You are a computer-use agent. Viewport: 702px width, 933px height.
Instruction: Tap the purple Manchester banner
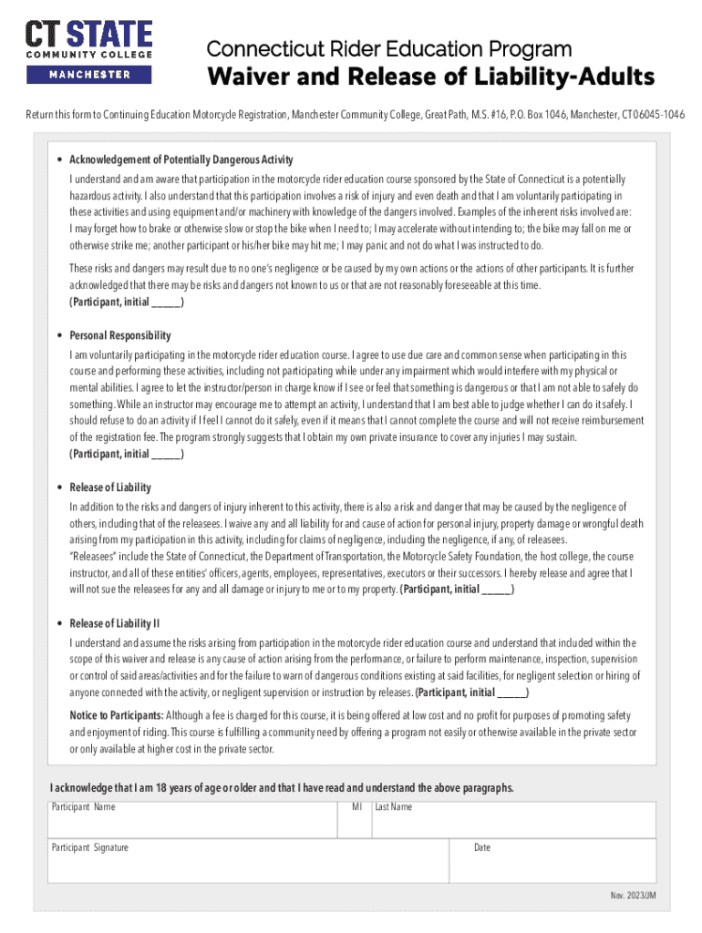tap(88, 75)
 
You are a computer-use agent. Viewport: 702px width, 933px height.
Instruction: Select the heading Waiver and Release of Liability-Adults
tap(430, 77)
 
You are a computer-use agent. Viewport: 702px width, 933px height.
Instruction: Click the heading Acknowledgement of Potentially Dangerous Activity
tap(181, 160)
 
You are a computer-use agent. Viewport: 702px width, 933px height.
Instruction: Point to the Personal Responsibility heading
tap(120, 335)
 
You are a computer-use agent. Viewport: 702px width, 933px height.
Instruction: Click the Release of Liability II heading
tap(115, 623)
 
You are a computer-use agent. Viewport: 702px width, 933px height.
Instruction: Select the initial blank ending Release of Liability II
tap(511, 692)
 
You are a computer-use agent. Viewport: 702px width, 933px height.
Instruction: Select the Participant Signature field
tap(248, 862)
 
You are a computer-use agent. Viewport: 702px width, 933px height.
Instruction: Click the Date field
tap(552, 862)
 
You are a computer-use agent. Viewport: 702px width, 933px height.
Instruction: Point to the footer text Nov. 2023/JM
tap(633, 897)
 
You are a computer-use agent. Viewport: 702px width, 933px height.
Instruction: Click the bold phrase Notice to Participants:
tap(117, 714)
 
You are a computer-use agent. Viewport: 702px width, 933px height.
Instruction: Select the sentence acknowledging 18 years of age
tap(283, 788)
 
